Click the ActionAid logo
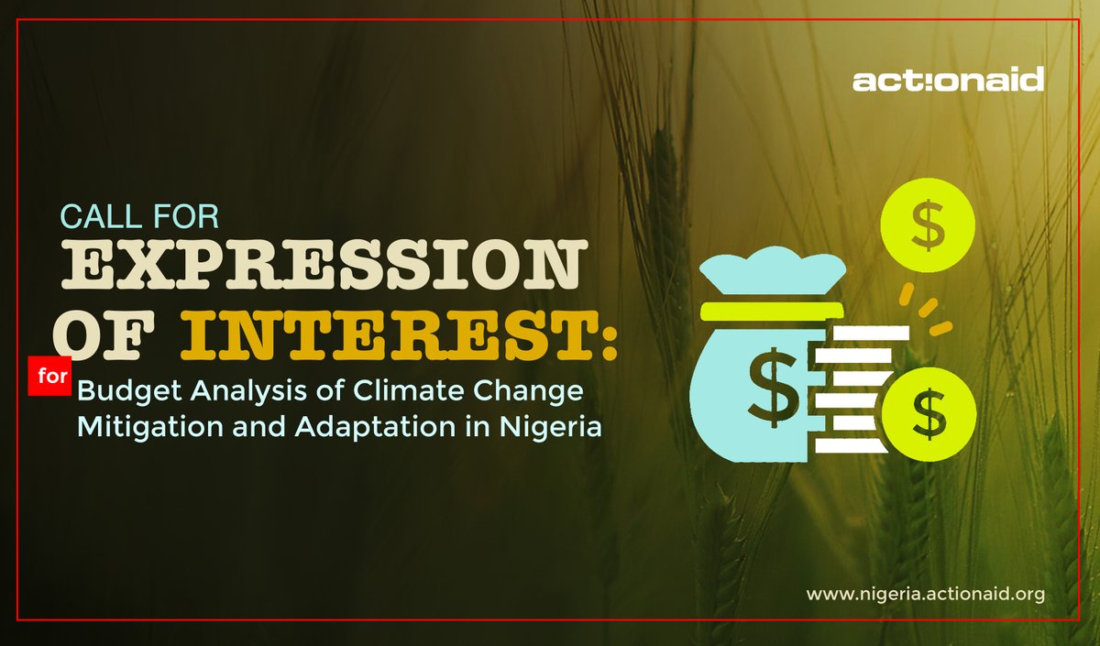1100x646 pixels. (948, 81)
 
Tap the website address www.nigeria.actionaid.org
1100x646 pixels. (925, 595)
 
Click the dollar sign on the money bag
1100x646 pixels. (767, 381)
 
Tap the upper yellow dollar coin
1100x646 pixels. (928, 230)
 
